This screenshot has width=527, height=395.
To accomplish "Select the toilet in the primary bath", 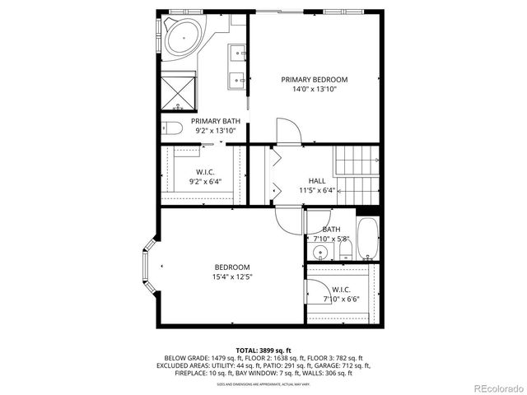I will tap(170, 128).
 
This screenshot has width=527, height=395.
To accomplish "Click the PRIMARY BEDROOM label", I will tap(314, 80).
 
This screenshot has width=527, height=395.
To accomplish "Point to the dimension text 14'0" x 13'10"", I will tap(314, 90).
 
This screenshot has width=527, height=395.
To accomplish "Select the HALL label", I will tap(317, 180).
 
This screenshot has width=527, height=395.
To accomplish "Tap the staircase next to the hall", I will tap(355, 176).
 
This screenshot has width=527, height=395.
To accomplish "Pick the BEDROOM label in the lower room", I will tap(232, 267).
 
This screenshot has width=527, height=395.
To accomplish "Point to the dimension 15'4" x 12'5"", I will tap(232, 276).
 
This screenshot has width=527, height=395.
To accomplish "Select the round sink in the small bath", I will tap(319, 251).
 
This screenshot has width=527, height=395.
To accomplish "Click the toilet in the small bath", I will tap(345, 249).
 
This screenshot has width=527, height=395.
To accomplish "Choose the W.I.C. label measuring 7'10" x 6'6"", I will tap(342, 289).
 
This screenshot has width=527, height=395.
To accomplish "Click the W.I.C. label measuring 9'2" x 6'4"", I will tap(206, 172).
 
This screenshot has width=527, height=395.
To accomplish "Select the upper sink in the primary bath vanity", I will tap(239, 53).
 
